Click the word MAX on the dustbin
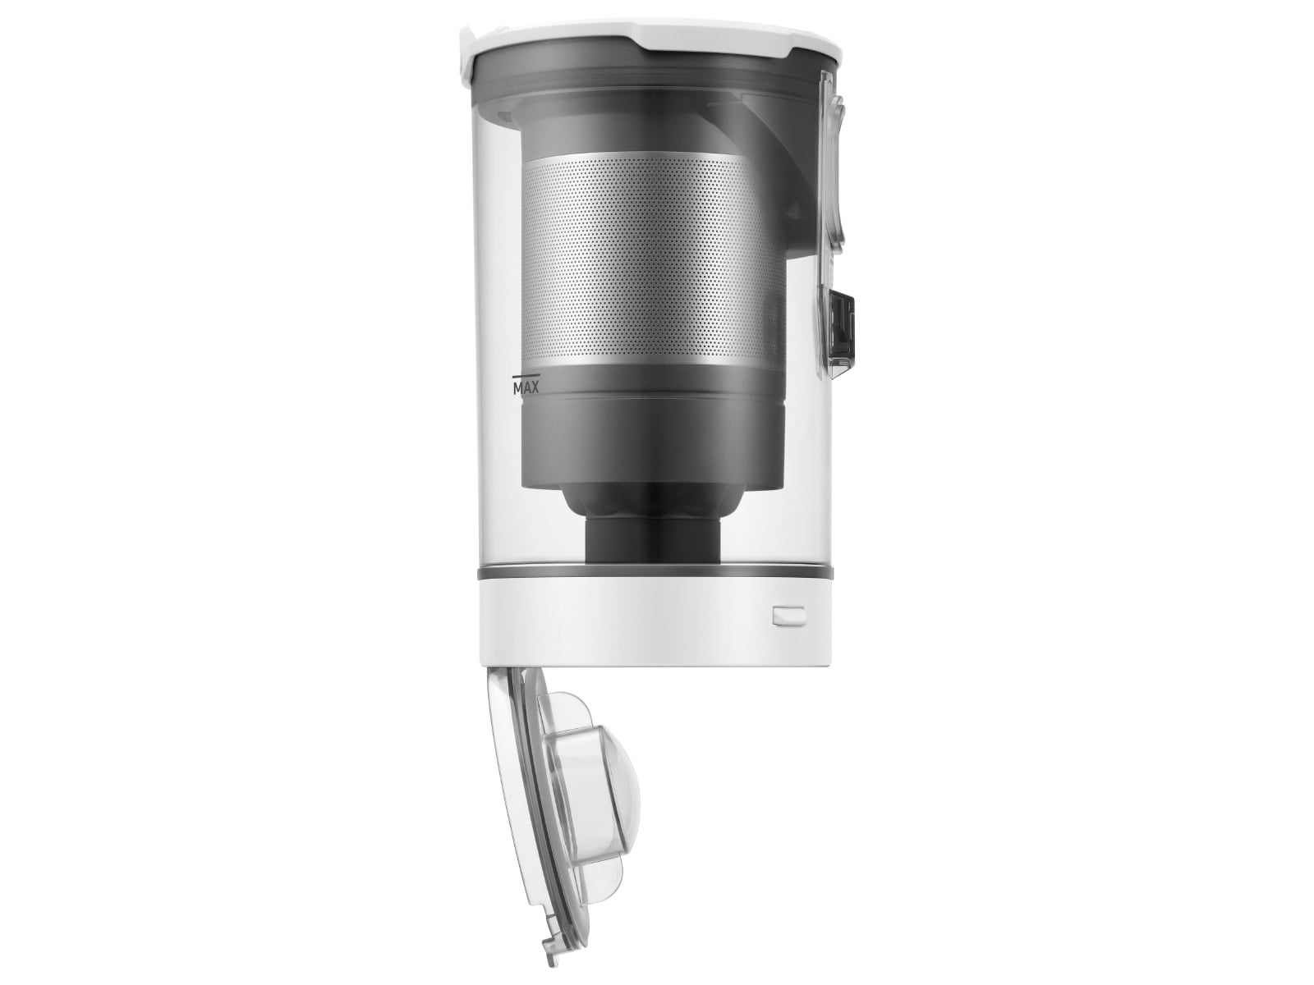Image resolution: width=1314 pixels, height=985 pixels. tap(526, 387)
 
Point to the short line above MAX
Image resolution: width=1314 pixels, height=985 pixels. tap(522, 378)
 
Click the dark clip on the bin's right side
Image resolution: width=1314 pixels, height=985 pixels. tap(841, 328)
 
